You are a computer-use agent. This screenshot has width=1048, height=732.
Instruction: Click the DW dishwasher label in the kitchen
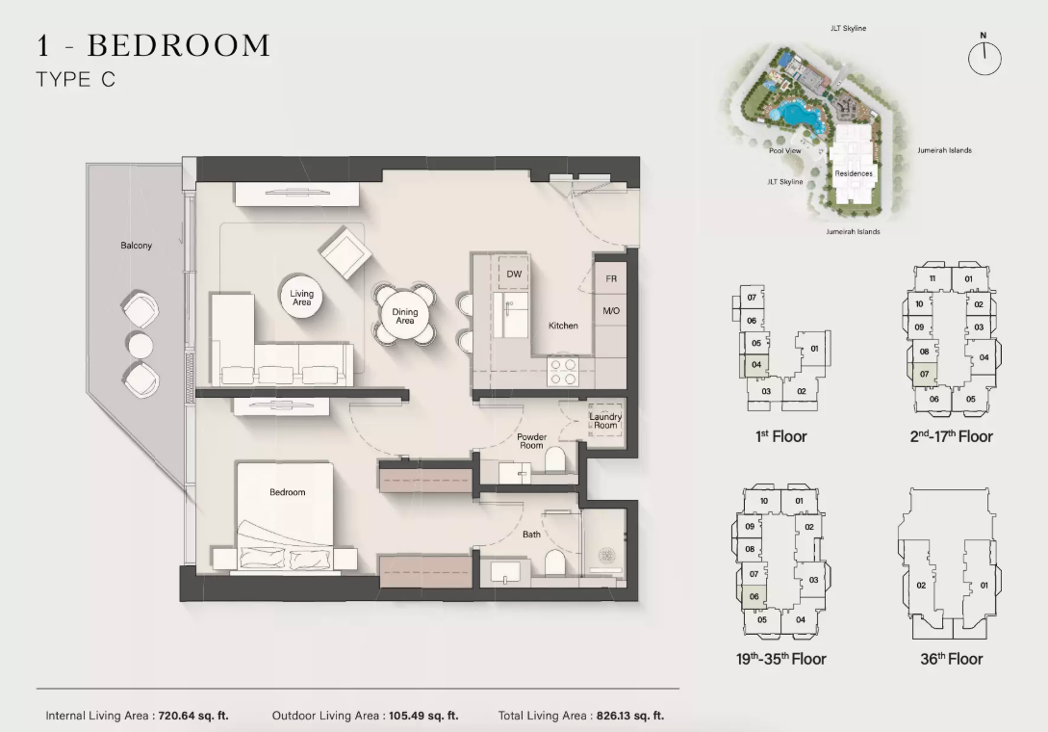coord(513,274)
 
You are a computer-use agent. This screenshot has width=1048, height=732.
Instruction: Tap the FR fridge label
coord(611,278)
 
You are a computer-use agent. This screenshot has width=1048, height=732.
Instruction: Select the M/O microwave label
coord(611,310)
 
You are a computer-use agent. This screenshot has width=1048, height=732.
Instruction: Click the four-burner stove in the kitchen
coord(562,372)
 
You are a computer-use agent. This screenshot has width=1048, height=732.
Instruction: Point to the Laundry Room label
coord(605,421)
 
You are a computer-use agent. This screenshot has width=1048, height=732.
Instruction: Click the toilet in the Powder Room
coord(554,459)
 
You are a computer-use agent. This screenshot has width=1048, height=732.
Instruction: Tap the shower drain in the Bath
coord(607,556)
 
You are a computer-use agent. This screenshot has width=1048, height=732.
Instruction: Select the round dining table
coord(404,312)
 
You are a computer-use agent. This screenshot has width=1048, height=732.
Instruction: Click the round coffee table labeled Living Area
coord(301,298)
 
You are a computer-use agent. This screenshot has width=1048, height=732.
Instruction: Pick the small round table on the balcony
coord(141,345)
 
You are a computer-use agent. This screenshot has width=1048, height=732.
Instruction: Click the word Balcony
coord(137,246)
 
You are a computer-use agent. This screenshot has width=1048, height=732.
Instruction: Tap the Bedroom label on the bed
coord(288,492)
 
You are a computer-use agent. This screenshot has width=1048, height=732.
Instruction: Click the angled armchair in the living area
coord(345,252)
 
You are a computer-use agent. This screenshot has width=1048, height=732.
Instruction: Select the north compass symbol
coord(984,56)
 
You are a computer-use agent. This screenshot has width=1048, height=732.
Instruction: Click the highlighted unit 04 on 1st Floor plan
coord(754,365)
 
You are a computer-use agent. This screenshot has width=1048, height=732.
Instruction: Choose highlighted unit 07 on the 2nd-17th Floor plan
coord(923,374)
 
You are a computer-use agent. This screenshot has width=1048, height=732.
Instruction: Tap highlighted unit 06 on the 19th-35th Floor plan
coord(754,596)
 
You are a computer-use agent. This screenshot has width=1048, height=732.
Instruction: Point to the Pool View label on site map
coord(784,150)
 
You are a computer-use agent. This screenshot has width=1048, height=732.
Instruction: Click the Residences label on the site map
coord(854,173)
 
